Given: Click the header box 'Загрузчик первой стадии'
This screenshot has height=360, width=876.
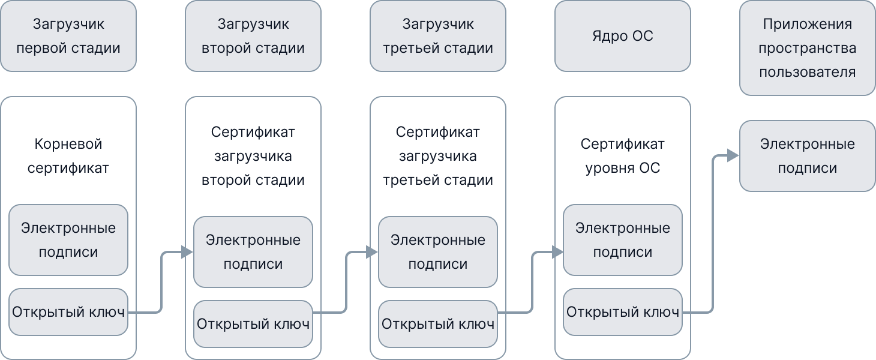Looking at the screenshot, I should pyautogui.click(x=68, y=36).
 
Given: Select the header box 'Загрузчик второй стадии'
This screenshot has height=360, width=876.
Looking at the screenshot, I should pyautogui.click(x=253, y=36).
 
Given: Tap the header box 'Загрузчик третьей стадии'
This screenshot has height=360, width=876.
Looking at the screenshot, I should pyautogui.click(x=438, y=36).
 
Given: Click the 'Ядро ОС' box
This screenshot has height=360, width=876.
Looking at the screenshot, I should pyautogui.click(x=623, y=36).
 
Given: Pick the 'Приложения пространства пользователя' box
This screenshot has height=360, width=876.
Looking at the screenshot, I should pyautogui.click(x=808, y=48).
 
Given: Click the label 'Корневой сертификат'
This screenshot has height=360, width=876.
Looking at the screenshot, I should pyautogui.click(x=68, y=156).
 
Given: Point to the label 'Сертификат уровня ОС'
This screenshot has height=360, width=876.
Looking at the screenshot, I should pyautogui.click(x=623, y=156).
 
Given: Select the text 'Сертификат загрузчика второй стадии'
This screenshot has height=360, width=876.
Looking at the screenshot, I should pyautogui.click(x=253, y=156).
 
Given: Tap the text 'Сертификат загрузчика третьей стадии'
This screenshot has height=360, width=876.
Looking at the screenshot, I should pyautogui.click(x=438, y=156).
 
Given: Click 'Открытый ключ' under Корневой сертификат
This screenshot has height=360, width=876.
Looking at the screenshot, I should pyautogui.click(x=68, y=312).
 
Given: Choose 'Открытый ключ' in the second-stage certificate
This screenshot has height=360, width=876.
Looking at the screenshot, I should pyautogui.click(x=253, y=324).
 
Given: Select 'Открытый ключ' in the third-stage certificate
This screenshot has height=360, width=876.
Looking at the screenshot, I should pyautogui.click(x=438, y=324).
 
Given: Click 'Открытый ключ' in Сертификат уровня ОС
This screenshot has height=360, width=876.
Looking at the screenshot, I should pyautogui.click(x=623, y=312).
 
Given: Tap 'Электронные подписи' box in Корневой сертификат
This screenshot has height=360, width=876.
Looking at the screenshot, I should pyautogui.click(x=68, y=240).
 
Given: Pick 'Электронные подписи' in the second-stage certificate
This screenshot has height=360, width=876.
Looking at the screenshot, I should pyautogui.click(x=253, y=252).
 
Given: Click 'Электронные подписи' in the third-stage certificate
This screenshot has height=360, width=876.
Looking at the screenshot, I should pyautogui.click(x=438, y=252).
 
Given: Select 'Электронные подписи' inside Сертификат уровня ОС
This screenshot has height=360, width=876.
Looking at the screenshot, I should pyautogui.click(x=623, y=240).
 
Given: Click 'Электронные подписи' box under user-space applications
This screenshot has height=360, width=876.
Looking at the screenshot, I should pyautogui.click(x=808, y=156).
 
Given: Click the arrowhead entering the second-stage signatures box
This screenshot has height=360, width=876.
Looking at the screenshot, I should pyautogui.click(x=187, y=252).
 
